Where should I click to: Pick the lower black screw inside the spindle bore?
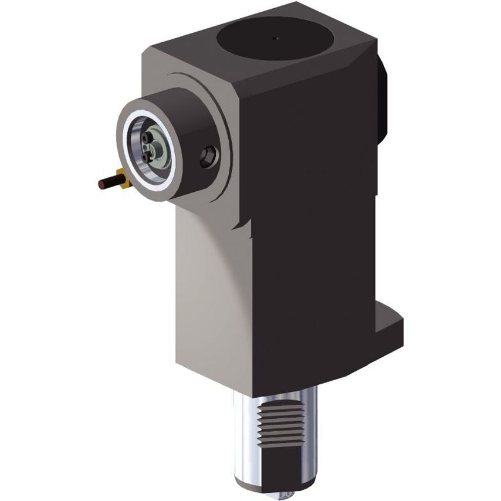145,157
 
